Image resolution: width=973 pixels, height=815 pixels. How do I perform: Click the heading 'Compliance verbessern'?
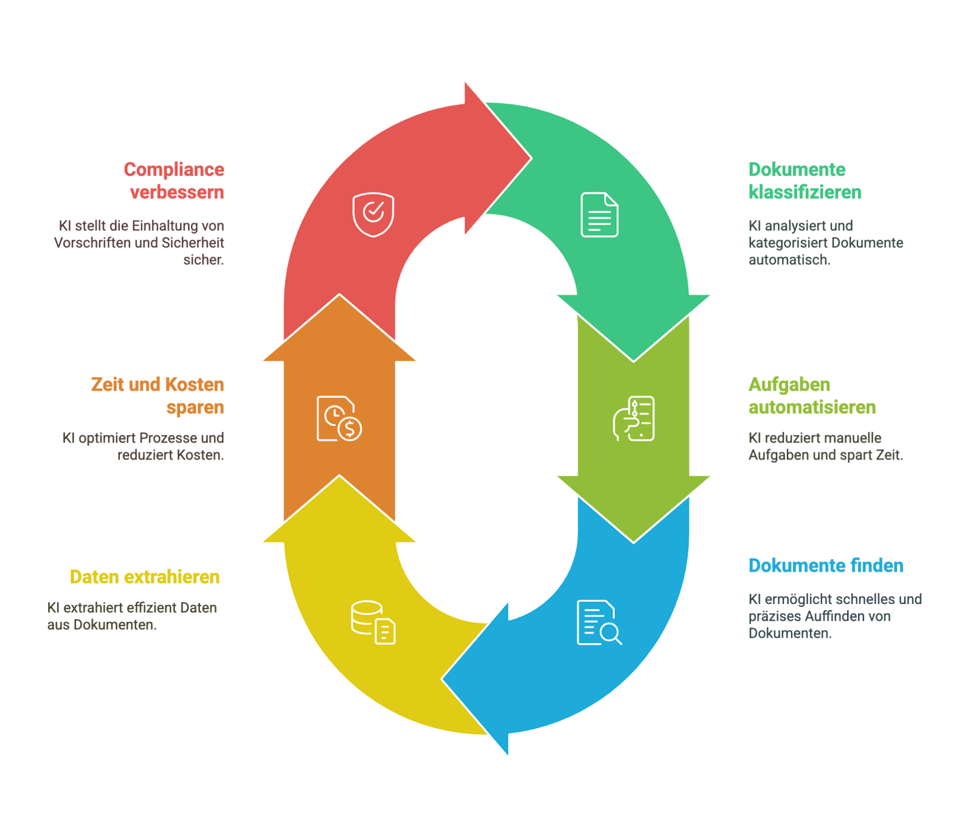click(174, 181)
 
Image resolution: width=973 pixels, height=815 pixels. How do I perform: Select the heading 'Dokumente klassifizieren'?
click(805, 181)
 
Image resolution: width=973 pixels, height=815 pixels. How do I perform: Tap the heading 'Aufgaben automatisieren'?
click(812, 395)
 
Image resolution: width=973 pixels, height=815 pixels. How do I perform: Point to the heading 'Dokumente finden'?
click(826, 566)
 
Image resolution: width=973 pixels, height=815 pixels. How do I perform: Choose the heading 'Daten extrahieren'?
click(145, 577)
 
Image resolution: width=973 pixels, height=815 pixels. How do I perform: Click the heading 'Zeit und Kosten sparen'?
click(158, 395)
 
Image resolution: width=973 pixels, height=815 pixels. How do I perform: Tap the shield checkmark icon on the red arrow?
click(373, 214)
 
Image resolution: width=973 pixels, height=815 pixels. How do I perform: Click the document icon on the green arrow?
click(600, 214)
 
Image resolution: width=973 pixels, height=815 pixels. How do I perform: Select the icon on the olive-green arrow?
click(634, 418)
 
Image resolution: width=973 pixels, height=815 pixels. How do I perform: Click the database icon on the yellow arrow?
click(373, 622)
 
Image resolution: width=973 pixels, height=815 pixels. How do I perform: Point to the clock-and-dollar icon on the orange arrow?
click(339, 418)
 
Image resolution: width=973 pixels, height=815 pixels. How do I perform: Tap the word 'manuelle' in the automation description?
click(853, 438)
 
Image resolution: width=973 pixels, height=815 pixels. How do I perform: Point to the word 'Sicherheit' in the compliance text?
click(193, 243)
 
